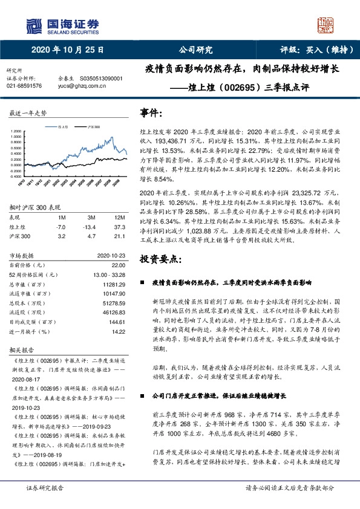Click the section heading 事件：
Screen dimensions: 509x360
click(151, 112)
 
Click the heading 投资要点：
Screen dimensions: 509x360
click(160, 259)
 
